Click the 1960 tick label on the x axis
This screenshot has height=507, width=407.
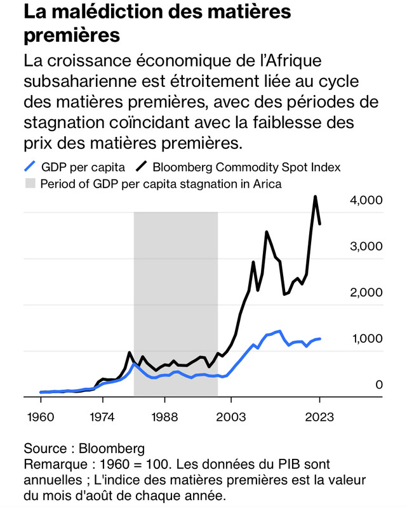41,418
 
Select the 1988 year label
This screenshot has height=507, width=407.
164,418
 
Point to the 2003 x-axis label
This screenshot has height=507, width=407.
231,418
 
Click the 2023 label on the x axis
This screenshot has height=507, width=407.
319,418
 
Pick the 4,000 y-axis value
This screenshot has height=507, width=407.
366,200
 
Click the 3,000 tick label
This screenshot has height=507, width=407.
366,247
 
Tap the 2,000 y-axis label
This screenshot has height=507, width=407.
366,292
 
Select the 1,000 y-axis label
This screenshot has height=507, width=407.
366,338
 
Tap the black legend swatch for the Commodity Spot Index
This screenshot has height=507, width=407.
141,167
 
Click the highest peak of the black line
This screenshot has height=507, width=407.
315,196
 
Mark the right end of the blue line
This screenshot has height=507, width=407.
320,338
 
